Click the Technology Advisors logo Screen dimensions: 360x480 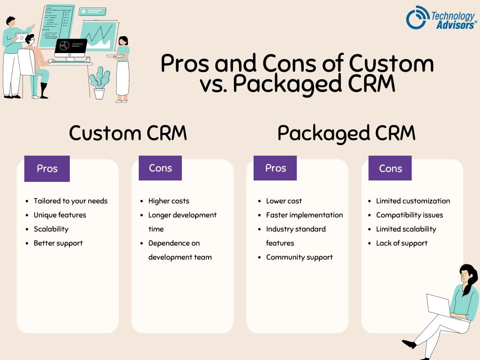coord(441,18)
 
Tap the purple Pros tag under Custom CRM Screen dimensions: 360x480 coord(47,169)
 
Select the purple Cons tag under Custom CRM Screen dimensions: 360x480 coord(160,168)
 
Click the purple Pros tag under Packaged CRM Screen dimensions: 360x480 coord(275,168)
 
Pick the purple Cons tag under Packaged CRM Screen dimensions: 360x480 coord(390,169)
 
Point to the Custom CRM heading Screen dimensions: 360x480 coord(127,133)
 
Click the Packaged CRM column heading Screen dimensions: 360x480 coord(346,133)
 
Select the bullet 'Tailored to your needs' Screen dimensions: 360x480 coord(70,201)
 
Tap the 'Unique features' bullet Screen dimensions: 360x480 coord(60,215)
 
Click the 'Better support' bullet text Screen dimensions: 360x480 coord(58,243)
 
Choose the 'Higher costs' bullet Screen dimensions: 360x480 coord(169,201)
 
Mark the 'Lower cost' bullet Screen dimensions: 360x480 coord(284,201)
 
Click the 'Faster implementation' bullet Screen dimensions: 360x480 coord(304,215)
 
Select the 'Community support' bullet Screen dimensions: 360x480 coord(299,257)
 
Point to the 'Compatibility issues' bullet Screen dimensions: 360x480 coord(409,215)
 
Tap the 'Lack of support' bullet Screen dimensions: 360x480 coord(402,243)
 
